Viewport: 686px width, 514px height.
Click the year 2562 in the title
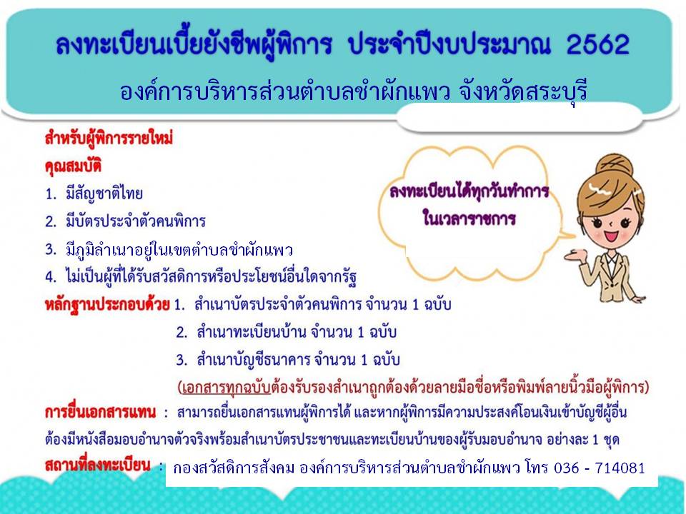(x=597, y=44)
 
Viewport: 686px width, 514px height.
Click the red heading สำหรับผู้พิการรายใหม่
(x=109, y=138)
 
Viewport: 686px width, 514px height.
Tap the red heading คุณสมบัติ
(x=73, y=166)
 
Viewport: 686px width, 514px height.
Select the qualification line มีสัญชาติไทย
(x=104, y=193)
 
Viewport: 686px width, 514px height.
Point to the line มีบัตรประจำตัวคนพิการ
(x=136, y=221)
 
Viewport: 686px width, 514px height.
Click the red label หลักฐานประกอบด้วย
(x=107, y=304)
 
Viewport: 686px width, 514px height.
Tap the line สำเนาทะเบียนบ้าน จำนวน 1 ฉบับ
(x=297, y=332)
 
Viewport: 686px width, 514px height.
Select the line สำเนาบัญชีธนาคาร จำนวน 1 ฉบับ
(x=299, y=360)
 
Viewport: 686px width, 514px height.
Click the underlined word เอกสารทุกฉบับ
(x=227, y=387)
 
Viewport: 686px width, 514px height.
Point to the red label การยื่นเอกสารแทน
(x=100, y=412)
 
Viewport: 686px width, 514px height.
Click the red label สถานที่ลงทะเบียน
(x=98, y=465)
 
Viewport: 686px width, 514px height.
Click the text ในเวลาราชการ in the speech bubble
(x=469, y=217)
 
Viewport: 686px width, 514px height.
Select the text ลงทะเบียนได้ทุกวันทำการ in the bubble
(x=469, y=191)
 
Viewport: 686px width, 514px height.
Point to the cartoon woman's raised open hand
(x=575, y=253)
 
